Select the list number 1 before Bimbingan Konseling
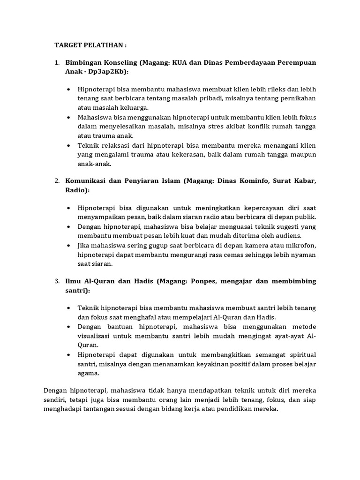pyautogui.click(x=56, y=62)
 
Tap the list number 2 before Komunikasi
pyautogui.click(x=56, y=180)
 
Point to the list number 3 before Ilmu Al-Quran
pyautogui.click(x=56, y=281)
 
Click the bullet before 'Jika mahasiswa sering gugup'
pyautogui.click(x=69, y=246)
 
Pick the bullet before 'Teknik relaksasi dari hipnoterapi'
pyautogui.click(x=69, y=146)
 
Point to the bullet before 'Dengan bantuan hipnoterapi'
pyautogui.click(x=69, y=327)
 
